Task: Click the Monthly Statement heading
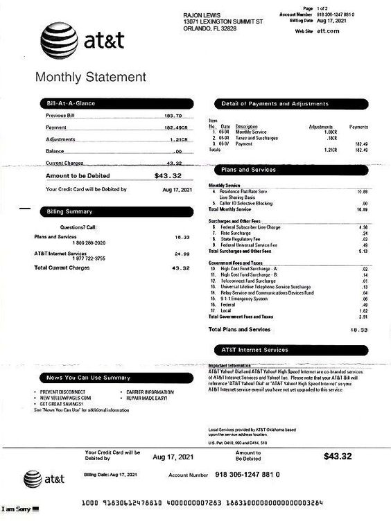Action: point(90,77)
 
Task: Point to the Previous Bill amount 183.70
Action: point(173,116)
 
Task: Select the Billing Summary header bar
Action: point(69,211)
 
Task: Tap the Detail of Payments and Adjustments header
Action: point(275,104)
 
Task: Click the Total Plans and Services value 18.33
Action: point(358,330)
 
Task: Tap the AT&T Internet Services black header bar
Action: point(254,350)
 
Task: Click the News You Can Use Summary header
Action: point(88,378)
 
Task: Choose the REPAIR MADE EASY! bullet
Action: point(148,398)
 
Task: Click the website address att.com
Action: point(327,31)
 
